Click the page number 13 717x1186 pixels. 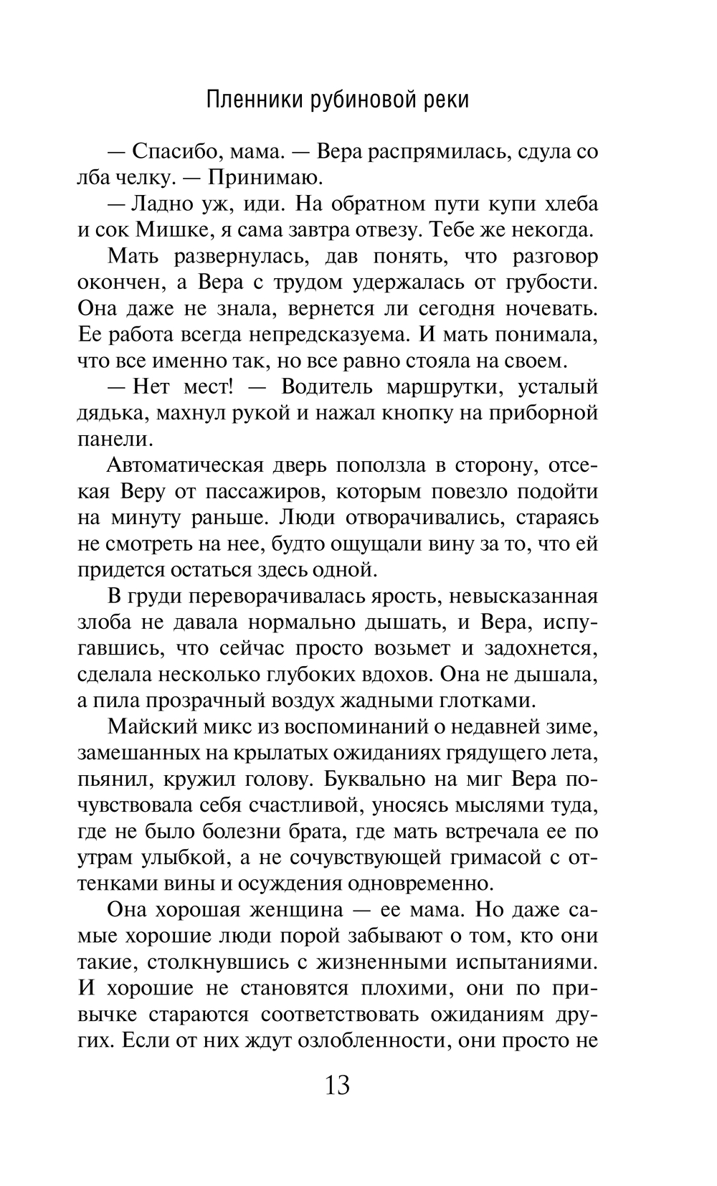[x=338, y=1086]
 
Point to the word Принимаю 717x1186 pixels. [x=258, y=178]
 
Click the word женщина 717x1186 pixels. [x=292, y=910]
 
